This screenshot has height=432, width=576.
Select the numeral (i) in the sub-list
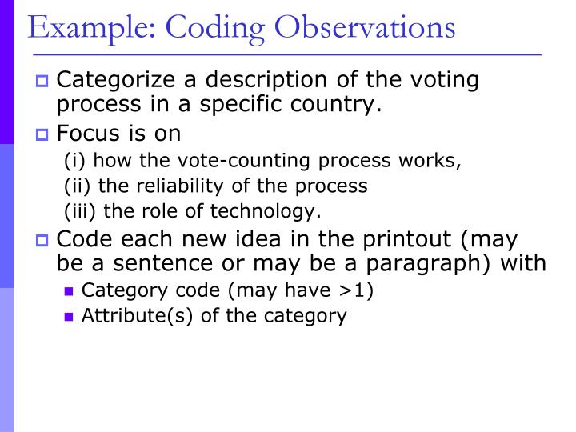pyautogui.click(x=73, y=160)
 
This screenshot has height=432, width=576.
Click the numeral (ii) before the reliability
pyautogui.click(x=76, y=186)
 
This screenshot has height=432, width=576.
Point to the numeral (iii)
pyautogui.click(x=79, y=211)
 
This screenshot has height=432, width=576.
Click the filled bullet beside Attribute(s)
pyautogui.click(x=69, y=316)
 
